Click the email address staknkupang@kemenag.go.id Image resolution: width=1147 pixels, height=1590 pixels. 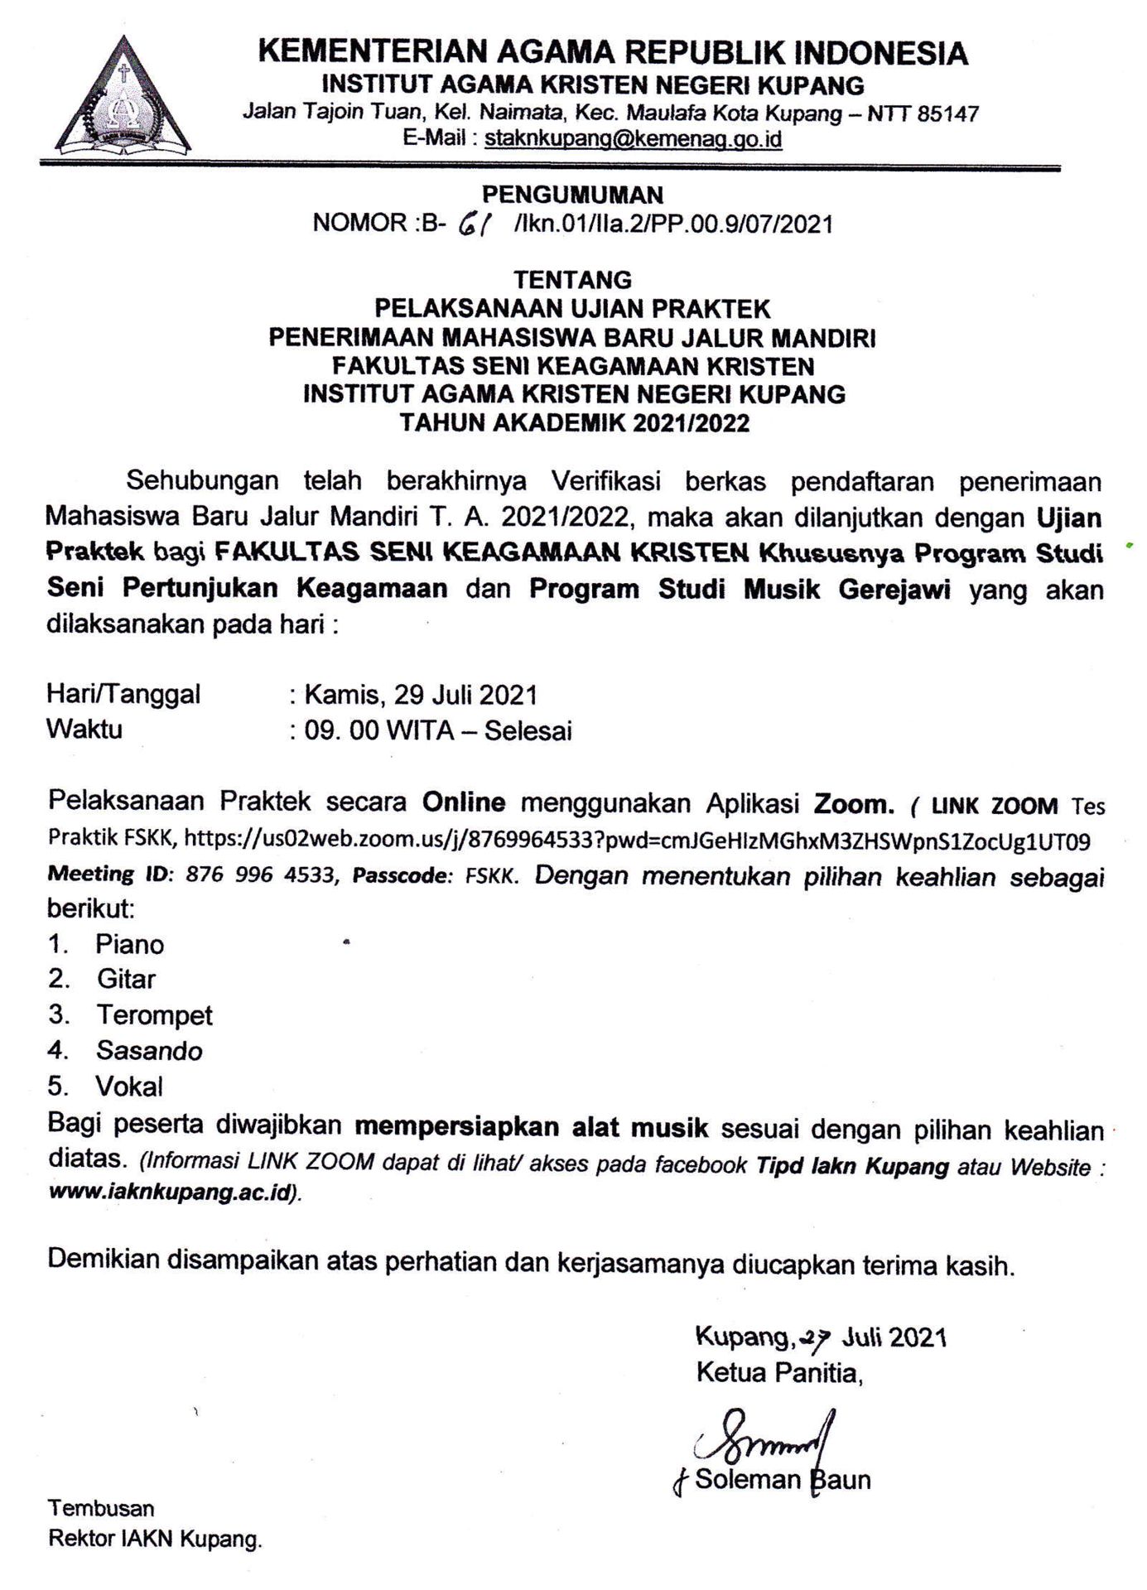click(x=633, y=139)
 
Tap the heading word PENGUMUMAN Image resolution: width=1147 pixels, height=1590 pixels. click(x=572, y=195)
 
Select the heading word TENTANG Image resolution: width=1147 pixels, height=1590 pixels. click(x=572, y=280)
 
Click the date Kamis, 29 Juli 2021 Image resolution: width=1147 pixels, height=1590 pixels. click(x=421, y=694)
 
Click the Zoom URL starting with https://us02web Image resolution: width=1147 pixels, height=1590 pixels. click(x=636, y=841)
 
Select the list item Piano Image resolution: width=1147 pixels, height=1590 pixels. click(x=129, y=944)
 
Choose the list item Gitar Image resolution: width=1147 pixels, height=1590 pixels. click(x=126, y=980)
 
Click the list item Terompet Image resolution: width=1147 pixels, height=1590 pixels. click(x=154, y=1015)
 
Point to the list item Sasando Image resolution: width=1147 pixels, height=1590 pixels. click(x=149, y=1051)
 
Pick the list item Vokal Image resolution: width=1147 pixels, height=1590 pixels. click(x=129, y=1086)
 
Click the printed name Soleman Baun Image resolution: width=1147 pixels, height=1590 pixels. click(x=783, y=1480)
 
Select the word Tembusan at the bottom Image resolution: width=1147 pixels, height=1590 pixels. click(x=101, y=1508)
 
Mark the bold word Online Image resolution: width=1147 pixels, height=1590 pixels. click(x=463, y=802)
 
